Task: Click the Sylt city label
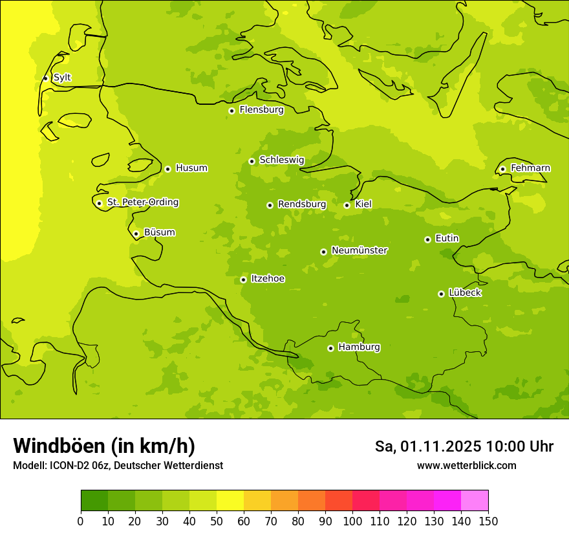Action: pyautogui.click(x=62, y=78)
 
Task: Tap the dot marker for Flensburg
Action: pyautogui.click(x=231, y=111)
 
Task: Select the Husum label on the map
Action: pyautogui.click(x=191, y=168)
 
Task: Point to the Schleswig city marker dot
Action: pyautogui.click(x=252, y=161)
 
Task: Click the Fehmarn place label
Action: pyautogui.click(x=530, y=168)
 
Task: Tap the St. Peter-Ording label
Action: pyautogui.click(x=143, y=203)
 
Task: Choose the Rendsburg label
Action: pyautogui.click(x=302, y=204)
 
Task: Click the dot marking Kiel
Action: pyautogui.click(x=347, y=205)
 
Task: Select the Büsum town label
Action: pyautogui.click(x=160, y=233)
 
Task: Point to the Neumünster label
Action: pyautogui.click(x=360, y=250)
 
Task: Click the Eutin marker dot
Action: pyautogui.click(x=427, y=239)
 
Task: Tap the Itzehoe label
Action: pyautogui.click(x=268, y=279)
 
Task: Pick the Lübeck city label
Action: pyautogui.click(x=465, y=293)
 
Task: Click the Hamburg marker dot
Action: pyautogui.click(x=330, y=348)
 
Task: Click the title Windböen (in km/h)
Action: pyautogui.click(x=104, y=446)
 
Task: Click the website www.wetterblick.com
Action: pyautogui.click(x=466, y=465)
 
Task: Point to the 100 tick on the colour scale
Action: pyautogui.click(x=352, y=521)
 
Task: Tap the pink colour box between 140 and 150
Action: pyautogui.click(x=475, y=501)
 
